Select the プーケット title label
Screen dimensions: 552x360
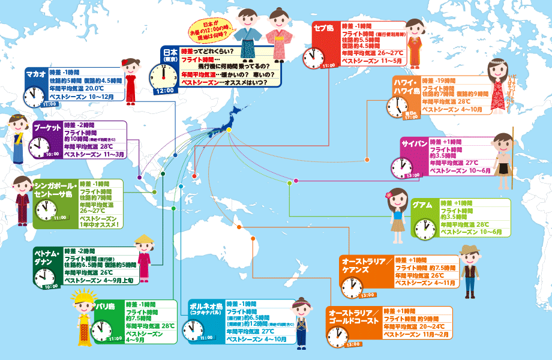pos(46,128)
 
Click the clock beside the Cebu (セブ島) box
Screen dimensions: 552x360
pos(311,58)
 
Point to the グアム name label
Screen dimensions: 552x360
pos(422,205)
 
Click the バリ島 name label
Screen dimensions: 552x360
pos(107,307)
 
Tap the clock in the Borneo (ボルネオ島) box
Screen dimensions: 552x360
pos(191,329)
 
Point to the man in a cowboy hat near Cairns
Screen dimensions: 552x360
pos(470,270)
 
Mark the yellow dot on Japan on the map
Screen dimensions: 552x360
pos(229,131)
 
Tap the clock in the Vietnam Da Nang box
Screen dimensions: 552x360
pos(44,277)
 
